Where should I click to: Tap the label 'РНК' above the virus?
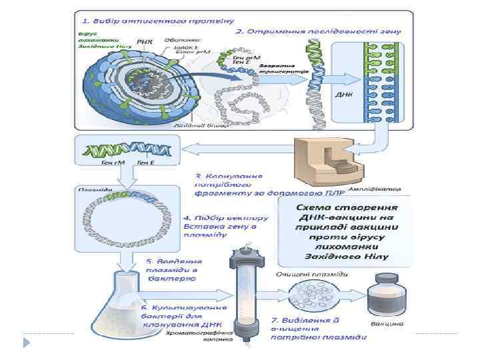click(x=144, y=42)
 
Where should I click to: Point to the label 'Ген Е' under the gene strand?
click(x=147, y=162)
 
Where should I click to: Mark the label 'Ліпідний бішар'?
click(x=194, y=125)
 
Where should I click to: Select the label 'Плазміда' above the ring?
click(x=94, y=189)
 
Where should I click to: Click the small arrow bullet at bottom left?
click(x=26, y=342)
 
